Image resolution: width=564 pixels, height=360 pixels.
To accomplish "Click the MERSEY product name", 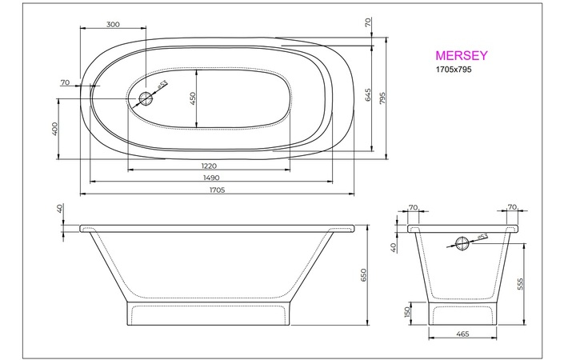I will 462,56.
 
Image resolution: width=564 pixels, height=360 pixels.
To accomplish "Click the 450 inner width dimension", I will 193,98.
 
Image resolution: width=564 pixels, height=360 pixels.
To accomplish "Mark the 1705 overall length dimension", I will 216,190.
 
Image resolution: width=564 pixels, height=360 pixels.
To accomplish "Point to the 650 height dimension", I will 363,275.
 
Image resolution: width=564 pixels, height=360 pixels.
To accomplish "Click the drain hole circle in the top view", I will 146,98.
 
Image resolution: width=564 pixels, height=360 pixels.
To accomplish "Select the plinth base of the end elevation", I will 462,313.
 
